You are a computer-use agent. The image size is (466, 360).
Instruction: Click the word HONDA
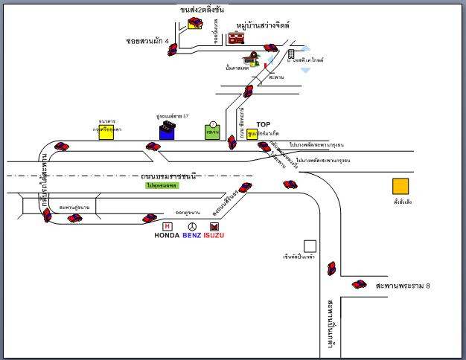[x=167, y=236]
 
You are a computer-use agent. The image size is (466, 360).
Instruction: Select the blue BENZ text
[x=192, y=236]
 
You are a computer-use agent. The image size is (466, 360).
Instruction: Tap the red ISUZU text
[x=214, y=236]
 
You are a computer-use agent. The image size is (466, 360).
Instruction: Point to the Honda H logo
[x=167, y=226]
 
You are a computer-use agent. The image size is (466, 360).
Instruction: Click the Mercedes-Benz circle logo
[x=192, y=226]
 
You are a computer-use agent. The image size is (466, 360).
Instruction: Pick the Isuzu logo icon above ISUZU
[x=214, y=226]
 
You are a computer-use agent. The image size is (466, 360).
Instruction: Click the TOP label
[x=264, y=125]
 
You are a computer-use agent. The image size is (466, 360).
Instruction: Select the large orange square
[x=401, y=187]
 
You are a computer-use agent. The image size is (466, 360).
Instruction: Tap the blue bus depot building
[x=167, y=132]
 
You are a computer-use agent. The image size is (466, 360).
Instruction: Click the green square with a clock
[x=213, y=131]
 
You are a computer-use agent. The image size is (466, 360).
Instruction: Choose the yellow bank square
[x=106, y=131]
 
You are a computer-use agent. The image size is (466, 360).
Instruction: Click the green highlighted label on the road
[x=162, y=184]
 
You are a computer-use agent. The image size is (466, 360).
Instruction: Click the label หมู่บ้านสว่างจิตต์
[x=262, y=25]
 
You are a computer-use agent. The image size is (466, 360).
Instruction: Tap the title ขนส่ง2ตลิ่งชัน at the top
[x=202, y=10]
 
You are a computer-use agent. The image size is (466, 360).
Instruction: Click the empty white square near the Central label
[x=310, y=245]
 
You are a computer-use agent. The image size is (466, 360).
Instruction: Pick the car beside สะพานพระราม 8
[x=360, y=284]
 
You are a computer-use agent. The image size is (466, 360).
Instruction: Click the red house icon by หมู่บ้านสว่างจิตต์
[x=236, y=36]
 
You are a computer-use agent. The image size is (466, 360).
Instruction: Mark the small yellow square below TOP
[x=253, y=135]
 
